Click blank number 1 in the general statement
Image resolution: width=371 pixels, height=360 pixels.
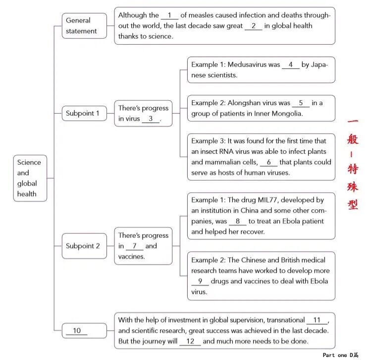tap(169, 15)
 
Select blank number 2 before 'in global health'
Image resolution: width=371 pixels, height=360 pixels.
tap(253, 26)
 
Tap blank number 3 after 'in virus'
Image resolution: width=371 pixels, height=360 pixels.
tap(151, 119)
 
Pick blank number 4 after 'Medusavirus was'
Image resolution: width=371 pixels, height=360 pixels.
tap(291, 65)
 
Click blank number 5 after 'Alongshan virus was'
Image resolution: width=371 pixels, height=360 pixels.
tap(301, 103)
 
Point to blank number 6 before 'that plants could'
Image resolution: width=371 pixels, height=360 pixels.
tap(268, 163)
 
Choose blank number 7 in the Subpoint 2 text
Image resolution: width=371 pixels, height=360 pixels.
tap(134, 246)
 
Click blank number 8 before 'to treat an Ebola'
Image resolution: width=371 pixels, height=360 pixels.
tap(238, 221)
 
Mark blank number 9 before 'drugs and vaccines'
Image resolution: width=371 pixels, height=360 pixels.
tap(200, 282)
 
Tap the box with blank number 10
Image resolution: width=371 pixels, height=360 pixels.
tap(84, 331)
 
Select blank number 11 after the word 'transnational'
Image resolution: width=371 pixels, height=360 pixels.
tap(317, 320)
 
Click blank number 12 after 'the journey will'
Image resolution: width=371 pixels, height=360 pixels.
tap(190, 341)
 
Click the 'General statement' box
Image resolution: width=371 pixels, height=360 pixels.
tap(84, 26)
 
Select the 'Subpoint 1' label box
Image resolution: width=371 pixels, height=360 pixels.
tap(83, 114)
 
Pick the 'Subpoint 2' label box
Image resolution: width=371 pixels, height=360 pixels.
tap(83, 246)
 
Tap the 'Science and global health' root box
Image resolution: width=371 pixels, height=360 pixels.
tap(30, 178)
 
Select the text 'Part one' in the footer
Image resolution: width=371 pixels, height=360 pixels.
tap(335, 355)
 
